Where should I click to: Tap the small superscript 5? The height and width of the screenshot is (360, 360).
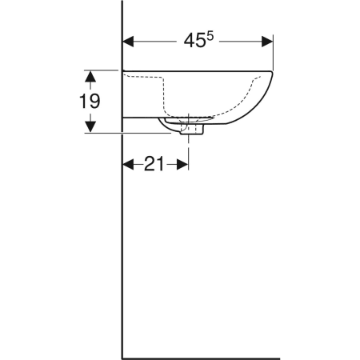[x=210, y=36]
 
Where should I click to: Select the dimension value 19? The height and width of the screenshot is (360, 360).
[x=90, y=102]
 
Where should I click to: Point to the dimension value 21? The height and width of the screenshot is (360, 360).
[x=154, y=164]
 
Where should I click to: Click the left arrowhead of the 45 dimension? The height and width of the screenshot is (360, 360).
[x=128, y=42]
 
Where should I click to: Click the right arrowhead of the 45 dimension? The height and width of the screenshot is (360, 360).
[x=267, y=42]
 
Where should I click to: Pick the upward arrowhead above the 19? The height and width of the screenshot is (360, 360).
[x=90, y=76]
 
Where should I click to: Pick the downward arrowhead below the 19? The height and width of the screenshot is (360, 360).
[x=90, y=126]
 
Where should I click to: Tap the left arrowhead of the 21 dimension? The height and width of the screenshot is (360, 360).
[x=128, y=164]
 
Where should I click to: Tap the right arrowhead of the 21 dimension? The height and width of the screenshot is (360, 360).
[x=182, y=164]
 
